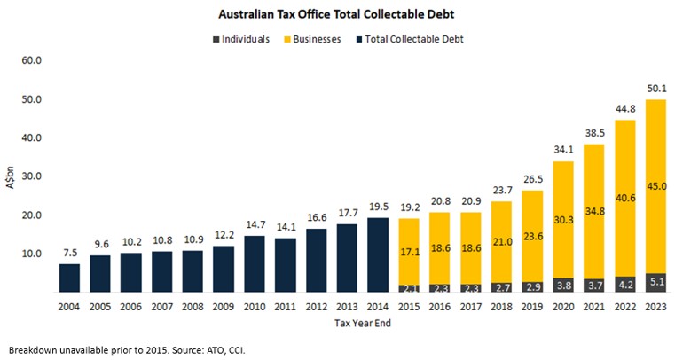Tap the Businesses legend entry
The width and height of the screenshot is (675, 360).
317,40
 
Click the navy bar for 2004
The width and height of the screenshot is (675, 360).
70,278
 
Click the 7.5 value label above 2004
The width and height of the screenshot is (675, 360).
70,254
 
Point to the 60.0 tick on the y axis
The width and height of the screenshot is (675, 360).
31,61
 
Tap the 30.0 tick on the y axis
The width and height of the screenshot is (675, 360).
31,176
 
